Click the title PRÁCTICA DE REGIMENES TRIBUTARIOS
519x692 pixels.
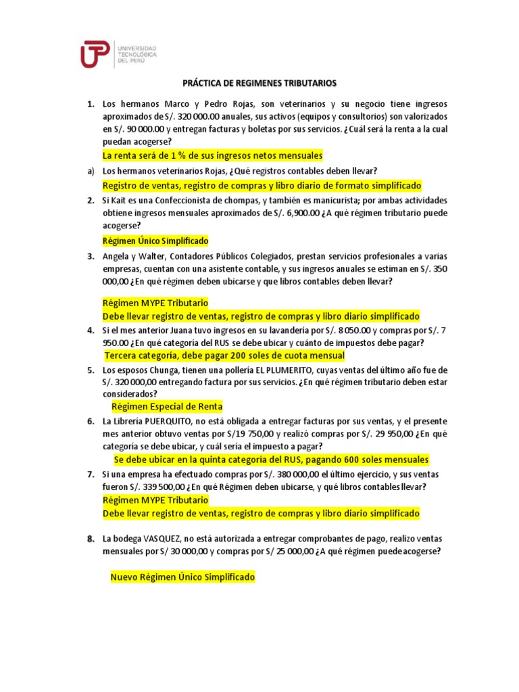pyautogui.click(x=259, y=83)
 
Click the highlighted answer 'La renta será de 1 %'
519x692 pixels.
pyautogui.click(x=212, y=156)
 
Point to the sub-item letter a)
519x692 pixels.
pyautogui.click(x=90, y=170)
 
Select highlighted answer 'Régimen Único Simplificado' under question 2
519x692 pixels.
pyautogui.click(x=155, y=241)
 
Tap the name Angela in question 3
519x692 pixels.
pyautogui.click(x=116, y=256)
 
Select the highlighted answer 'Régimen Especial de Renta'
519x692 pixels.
pyautogui.click(x=166, y=407)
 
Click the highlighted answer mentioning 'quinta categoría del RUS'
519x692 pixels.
pyautogui.click(x=271, y=460)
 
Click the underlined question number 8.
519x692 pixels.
pyautogui.click(x=90, y=539)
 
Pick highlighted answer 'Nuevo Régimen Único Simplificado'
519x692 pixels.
pyautogui.click(x=182, y=578)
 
